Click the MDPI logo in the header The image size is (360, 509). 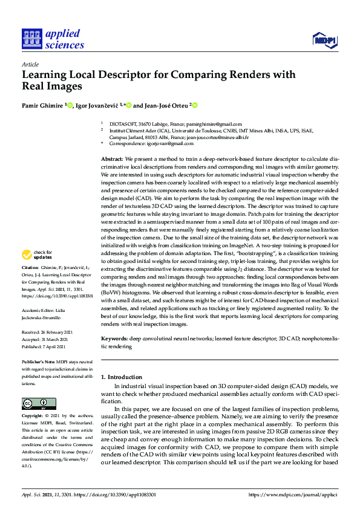[324, 40]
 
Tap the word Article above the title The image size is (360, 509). [30, 64]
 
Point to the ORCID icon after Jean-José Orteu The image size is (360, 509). [195, 105]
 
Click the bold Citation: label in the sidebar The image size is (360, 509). [31, 267]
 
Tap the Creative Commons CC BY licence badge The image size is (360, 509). [39, 403]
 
